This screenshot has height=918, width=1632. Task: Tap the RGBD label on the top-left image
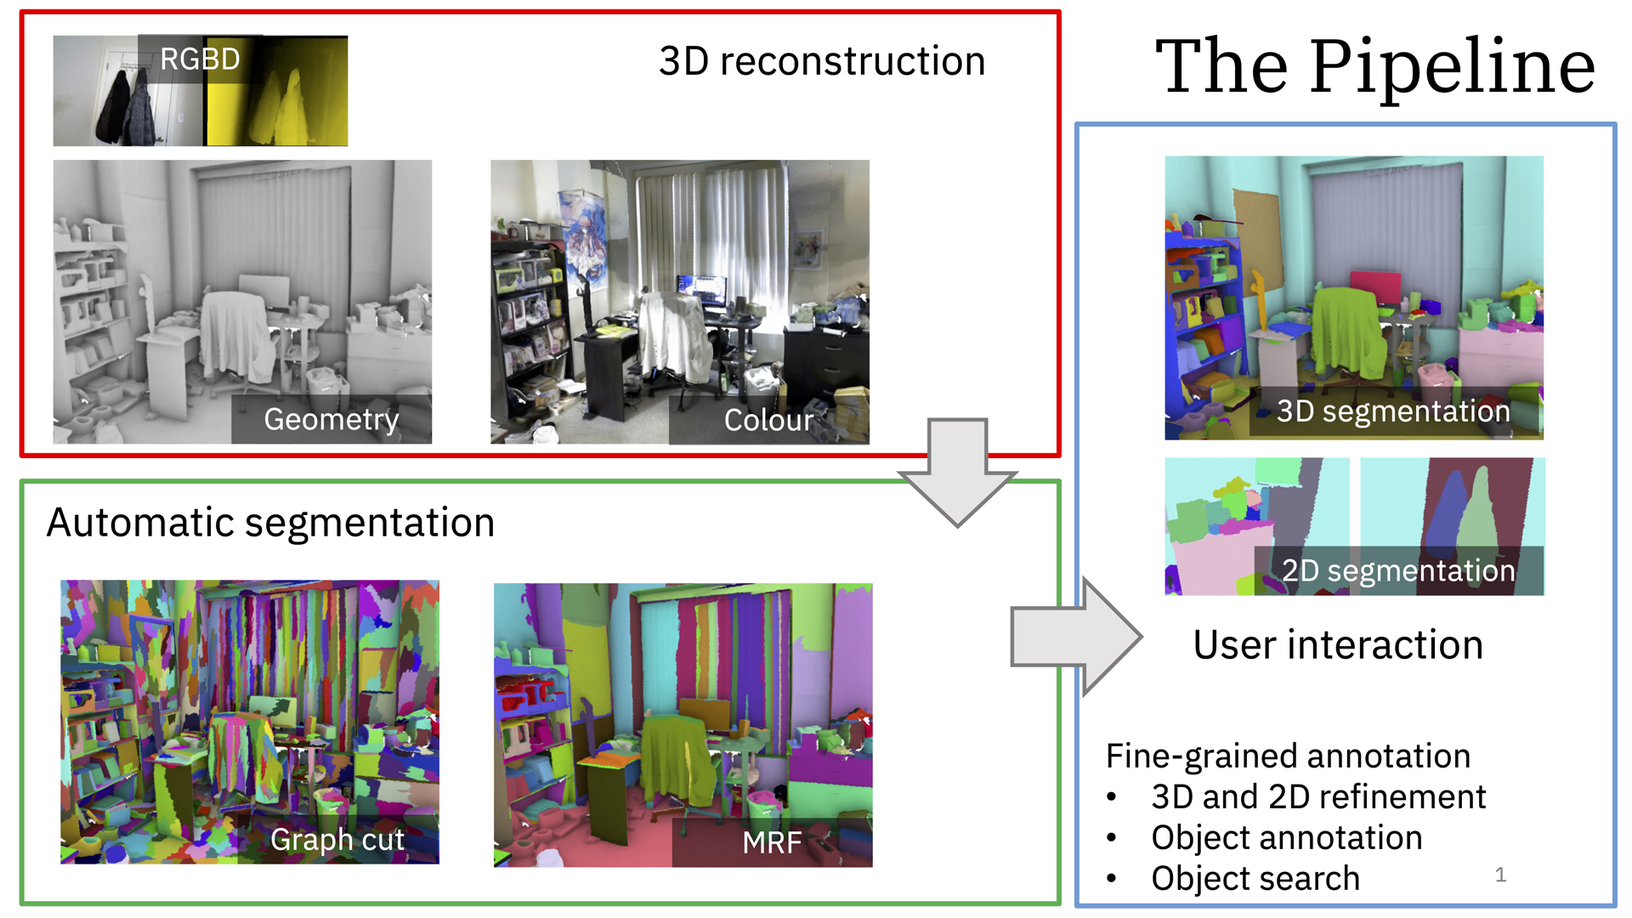tap(201, 59)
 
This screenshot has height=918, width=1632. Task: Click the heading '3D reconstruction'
tap(822, 62)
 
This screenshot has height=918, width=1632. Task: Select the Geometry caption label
tap(331, 419)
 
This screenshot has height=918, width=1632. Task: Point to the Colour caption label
tap(768, 420)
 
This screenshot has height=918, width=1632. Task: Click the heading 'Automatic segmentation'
tap(270, 522)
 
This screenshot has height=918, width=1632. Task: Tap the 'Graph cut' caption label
tap(337, 840)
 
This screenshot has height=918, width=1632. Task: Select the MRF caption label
tap(772, 842)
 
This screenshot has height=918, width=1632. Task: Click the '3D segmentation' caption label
tap(1393, 411)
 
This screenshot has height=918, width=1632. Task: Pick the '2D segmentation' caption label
tap(1398, 570)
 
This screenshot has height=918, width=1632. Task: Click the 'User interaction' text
tap(1338, 644)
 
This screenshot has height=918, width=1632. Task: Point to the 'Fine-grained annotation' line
tap(1288, 756)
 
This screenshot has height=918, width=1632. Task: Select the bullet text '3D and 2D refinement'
tap(1318, 797)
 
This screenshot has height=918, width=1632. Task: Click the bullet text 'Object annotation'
tap(1287, 838)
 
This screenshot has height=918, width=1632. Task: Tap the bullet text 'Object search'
tap(1255, 879)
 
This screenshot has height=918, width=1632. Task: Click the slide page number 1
tap(1500, 875)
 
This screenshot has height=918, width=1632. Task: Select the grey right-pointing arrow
tap(1075, 637)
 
